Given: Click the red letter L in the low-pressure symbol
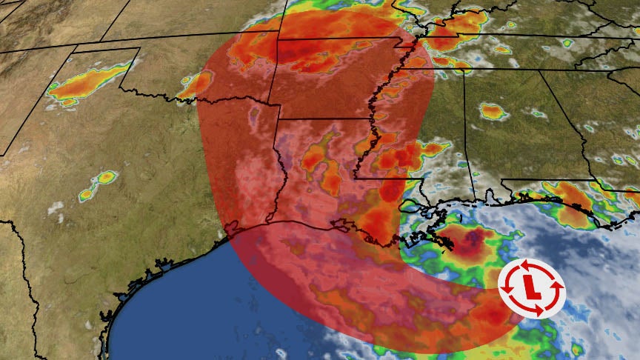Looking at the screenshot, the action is (530, 286).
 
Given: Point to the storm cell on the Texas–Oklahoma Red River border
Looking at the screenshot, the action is (196, 84).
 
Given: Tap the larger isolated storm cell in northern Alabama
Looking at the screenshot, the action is (492, 112).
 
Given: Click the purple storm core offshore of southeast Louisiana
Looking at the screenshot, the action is (467, 241).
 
